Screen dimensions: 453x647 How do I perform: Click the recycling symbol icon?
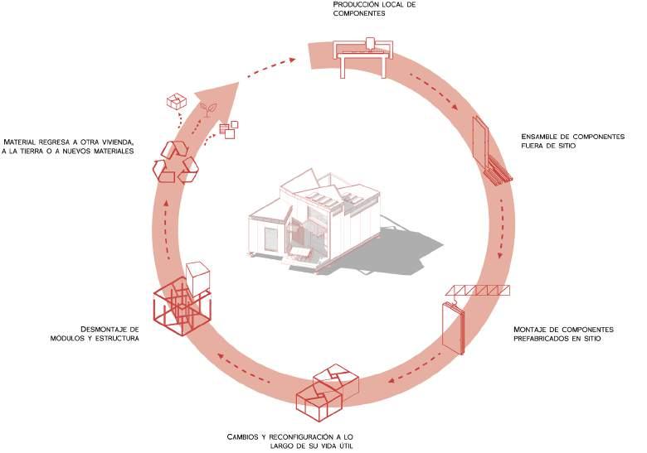pyautogui.click(x=175, y=161)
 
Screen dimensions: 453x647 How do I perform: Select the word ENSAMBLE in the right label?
pyautogui.click(x=540, y=137)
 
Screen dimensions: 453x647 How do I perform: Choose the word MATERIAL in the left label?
pyautogui.click(x=24, y=141)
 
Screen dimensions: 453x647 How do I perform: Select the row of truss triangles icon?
pyautogui.click(x=479, y=290)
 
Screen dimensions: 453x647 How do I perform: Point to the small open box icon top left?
pyautogui.click(x=176, y=102)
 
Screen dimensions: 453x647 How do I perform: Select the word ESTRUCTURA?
pyautogui.click(x=116, y=339)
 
